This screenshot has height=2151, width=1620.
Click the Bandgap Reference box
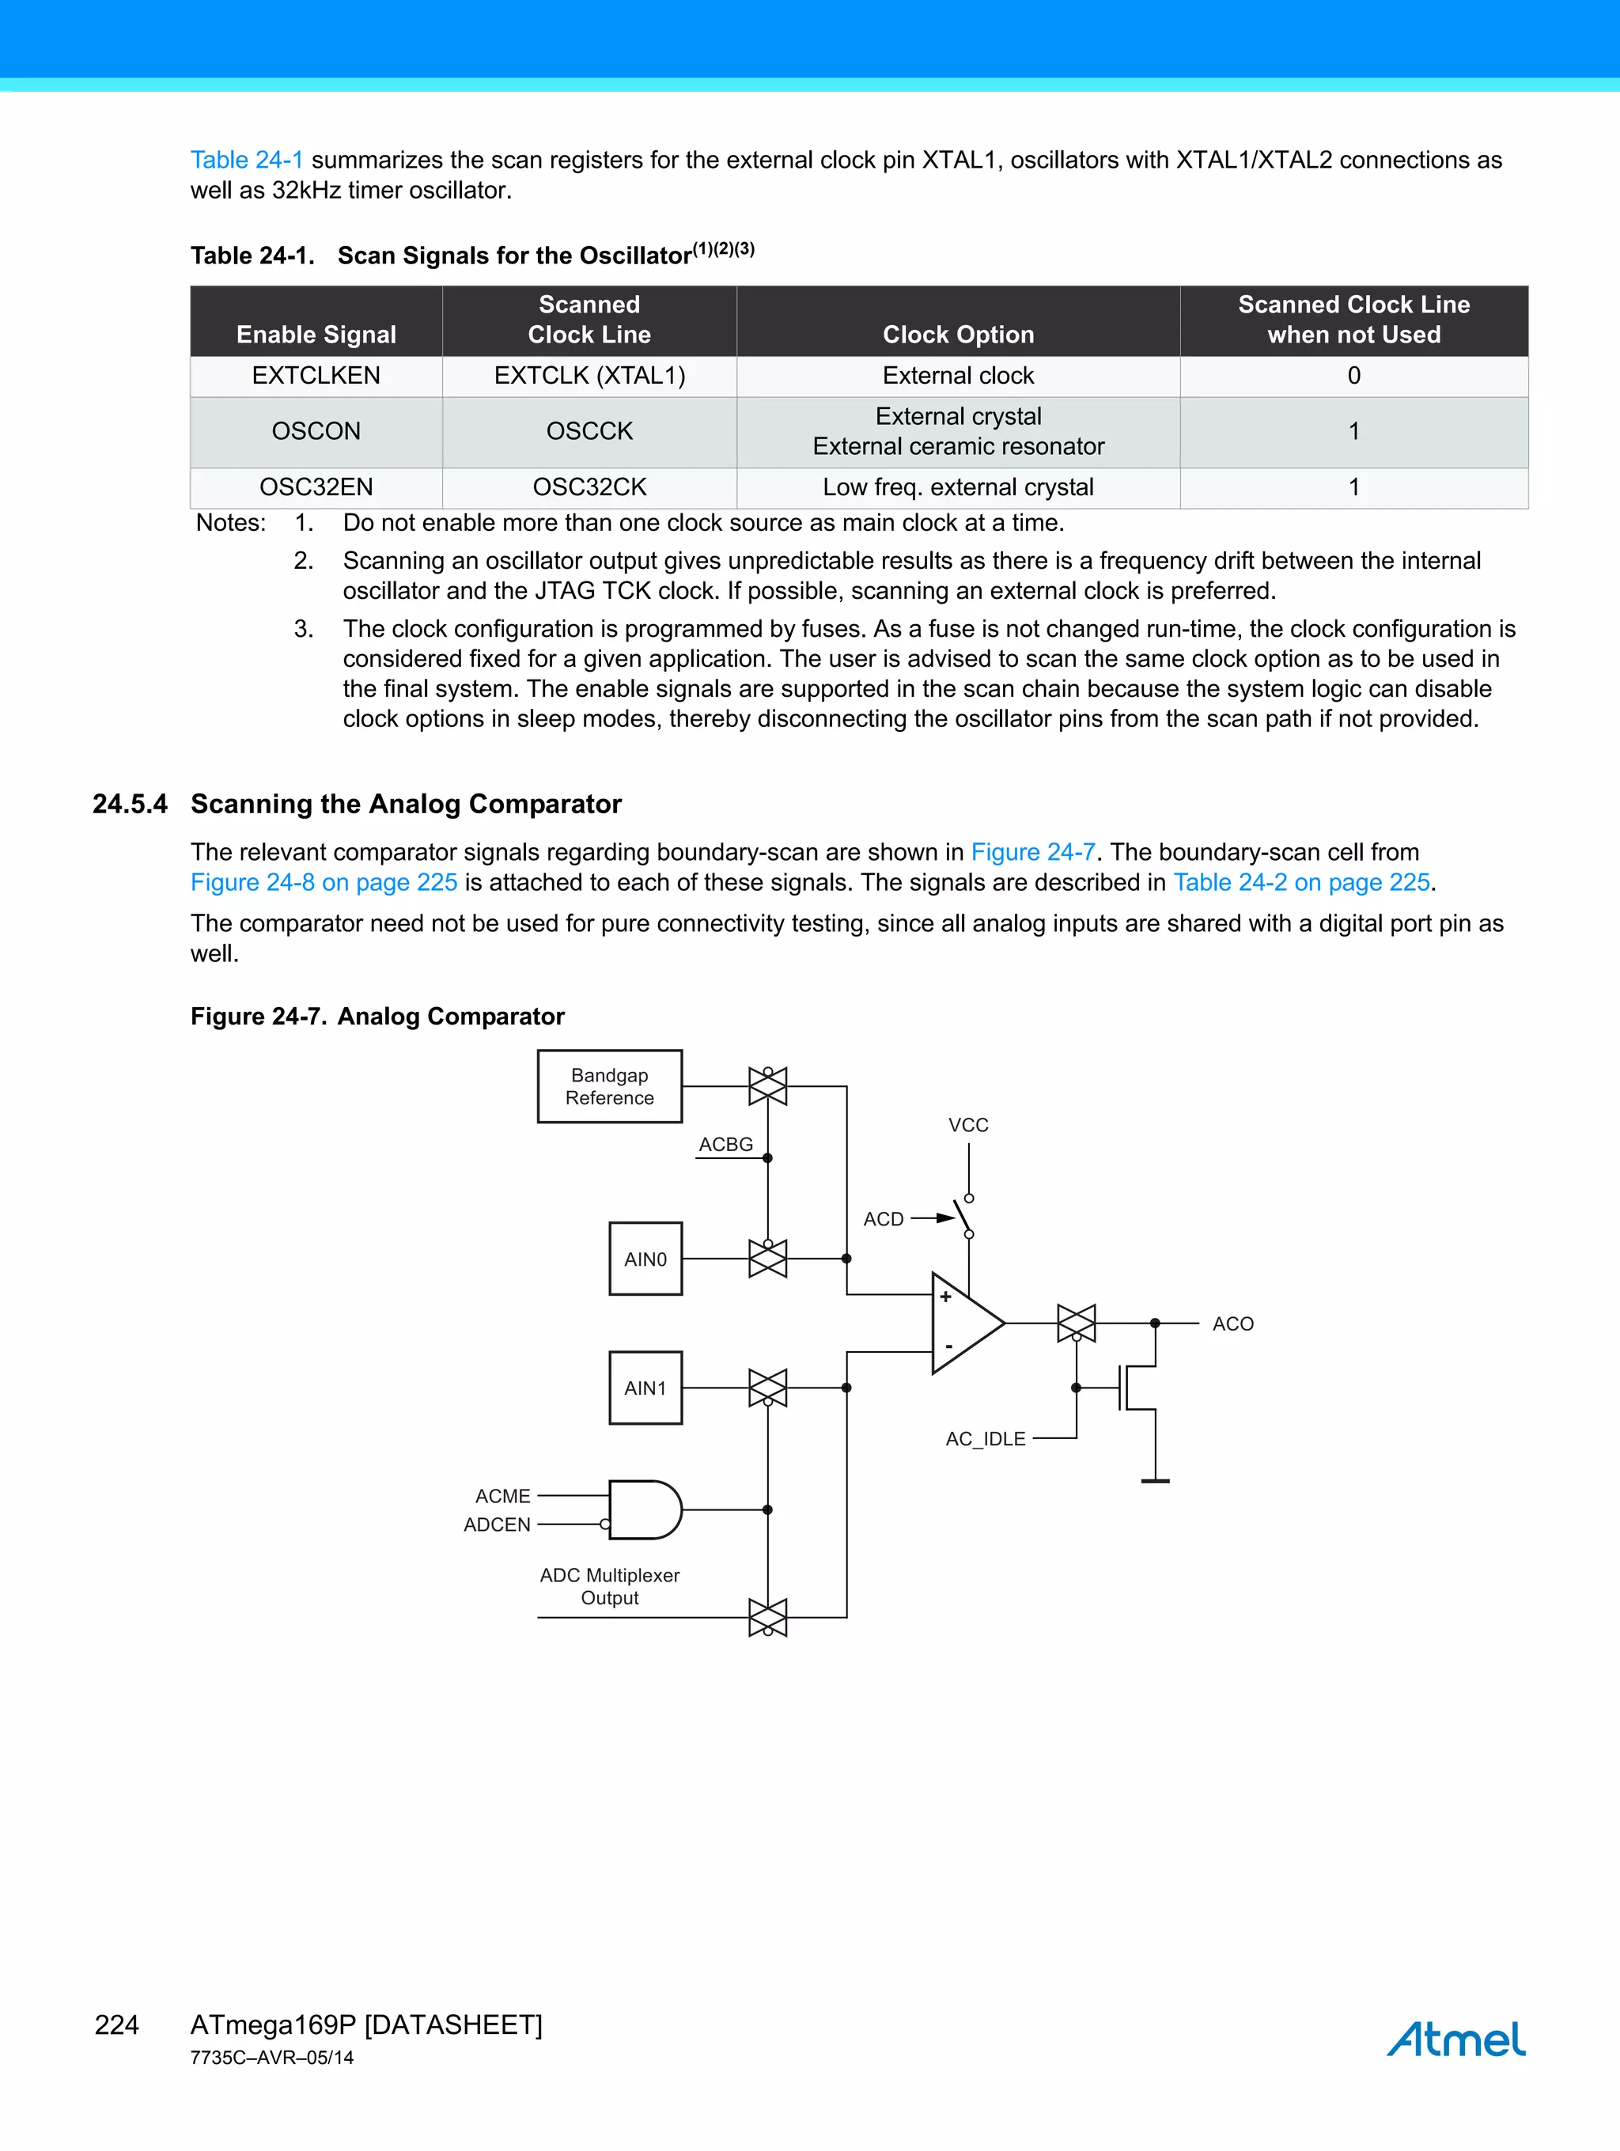pyautogui.click(x=610, y=1086)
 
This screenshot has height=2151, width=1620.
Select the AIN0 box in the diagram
pyautogui.click(x=645, y=1259)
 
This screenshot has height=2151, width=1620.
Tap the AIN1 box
pyautogui.click(x=645, y=1388)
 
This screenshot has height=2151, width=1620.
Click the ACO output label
pyautogui.click(x=1232, y=1324)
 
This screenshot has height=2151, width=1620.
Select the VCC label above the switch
pyautogui.click(x=967, y=1125)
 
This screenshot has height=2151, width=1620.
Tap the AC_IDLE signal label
pyautogui.click(x=985, y=1438)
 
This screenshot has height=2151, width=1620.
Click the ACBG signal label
pyautogui.click(x=725, y=1145)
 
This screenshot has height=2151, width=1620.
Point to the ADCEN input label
pyautogui.click(x=497, y=1524)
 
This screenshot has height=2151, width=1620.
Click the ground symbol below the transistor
pyautogui.click(x=1155, y=1480)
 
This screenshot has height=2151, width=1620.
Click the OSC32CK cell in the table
pyautogui.click(x=589, y=487)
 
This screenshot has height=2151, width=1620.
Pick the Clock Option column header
pyautogui.click(x=958, y=334)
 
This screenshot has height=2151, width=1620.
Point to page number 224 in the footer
pyautogui.click(x=117, y=2024)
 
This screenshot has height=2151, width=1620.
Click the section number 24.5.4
pyautogui.click(x=129, y=805)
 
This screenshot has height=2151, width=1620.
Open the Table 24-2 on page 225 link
pyautogui.click(x=1301, y=882)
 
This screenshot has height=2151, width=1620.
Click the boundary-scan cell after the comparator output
pyautogui.click(x=1077, y=1324)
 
